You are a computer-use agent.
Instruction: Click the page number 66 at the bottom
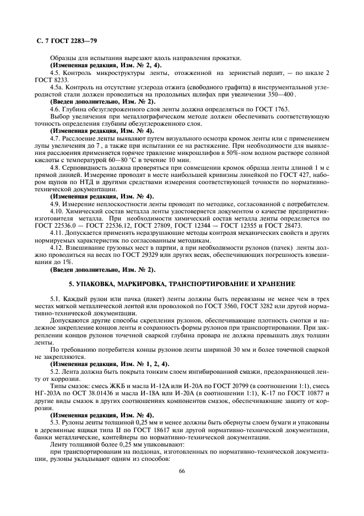click(x=182, y=470)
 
